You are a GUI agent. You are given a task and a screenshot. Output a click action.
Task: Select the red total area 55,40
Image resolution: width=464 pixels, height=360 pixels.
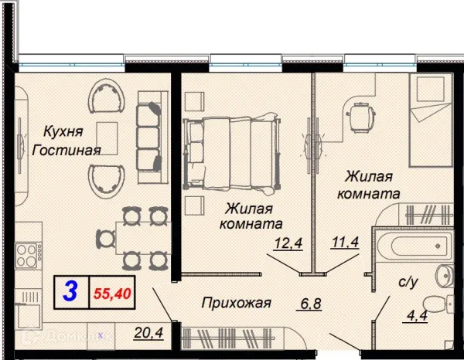[111, 294]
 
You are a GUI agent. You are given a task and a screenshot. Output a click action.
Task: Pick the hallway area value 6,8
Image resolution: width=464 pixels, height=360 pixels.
[310, 304]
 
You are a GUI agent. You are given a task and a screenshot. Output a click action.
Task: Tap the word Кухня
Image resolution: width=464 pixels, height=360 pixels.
[64, 131]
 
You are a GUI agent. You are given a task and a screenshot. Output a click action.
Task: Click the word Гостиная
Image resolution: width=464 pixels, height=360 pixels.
[67, 150]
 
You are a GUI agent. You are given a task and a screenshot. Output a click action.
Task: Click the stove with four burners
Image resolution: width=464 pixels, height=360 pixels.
[27, 253]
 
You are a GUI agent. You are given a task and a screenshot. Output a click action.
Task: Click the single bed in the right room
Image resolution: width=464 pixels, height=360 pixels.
[433, 124]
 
